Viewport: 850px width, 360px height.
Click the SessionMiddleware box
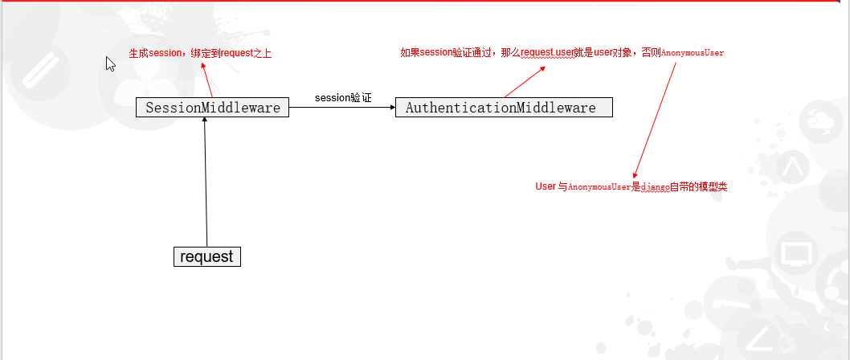[212, 108]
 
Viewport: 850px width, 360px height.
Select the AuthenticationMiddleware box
[504, 108]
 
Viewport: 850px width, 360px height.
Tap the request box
[207, 256]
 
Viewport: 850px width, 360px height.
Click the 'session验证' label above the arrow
[343, 97]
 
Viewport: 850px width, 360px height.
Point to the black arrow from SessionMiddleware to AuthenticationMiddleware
[341, 108]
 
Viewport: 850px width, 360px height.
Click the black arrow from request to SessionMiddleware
[206, 181]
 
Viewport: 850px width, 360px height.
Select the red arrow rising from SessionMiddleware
[207, 80]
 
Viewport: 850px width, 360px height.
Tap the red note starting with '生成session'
[206, 54]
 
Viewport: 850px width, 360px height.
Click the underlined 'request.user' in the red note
[546, 53]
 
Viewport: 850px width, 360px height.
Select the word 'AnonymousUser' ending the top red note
[693, 53]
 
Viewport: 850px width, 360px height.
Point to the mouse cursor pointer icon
[111, 63]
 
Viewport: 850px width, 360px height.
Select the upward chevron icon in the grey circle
[792, 170]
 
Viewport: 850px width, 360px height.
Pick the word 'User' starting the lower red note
[546, 186]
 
